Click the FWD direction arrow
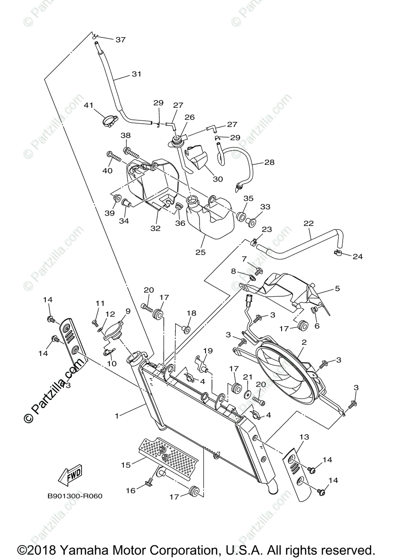(70, 476)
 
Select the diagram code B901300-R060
(75, 496)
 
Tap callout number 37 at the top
(121, 40)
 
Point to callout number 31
(136, 74)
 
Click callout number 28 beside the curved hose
(269, 162)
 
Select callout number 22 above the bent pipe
(309, 224)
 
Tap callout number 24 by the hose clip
(358, 256)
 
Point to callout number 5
(337, 288)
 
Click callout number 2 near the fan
(303, 342)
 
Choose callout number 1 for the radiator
(117, 414)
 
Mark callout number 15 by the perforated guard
(125, 465)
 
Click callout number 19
(208, 350)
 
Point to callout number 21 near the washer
(248, 377)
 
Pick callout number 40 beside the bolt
(107, 170)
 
